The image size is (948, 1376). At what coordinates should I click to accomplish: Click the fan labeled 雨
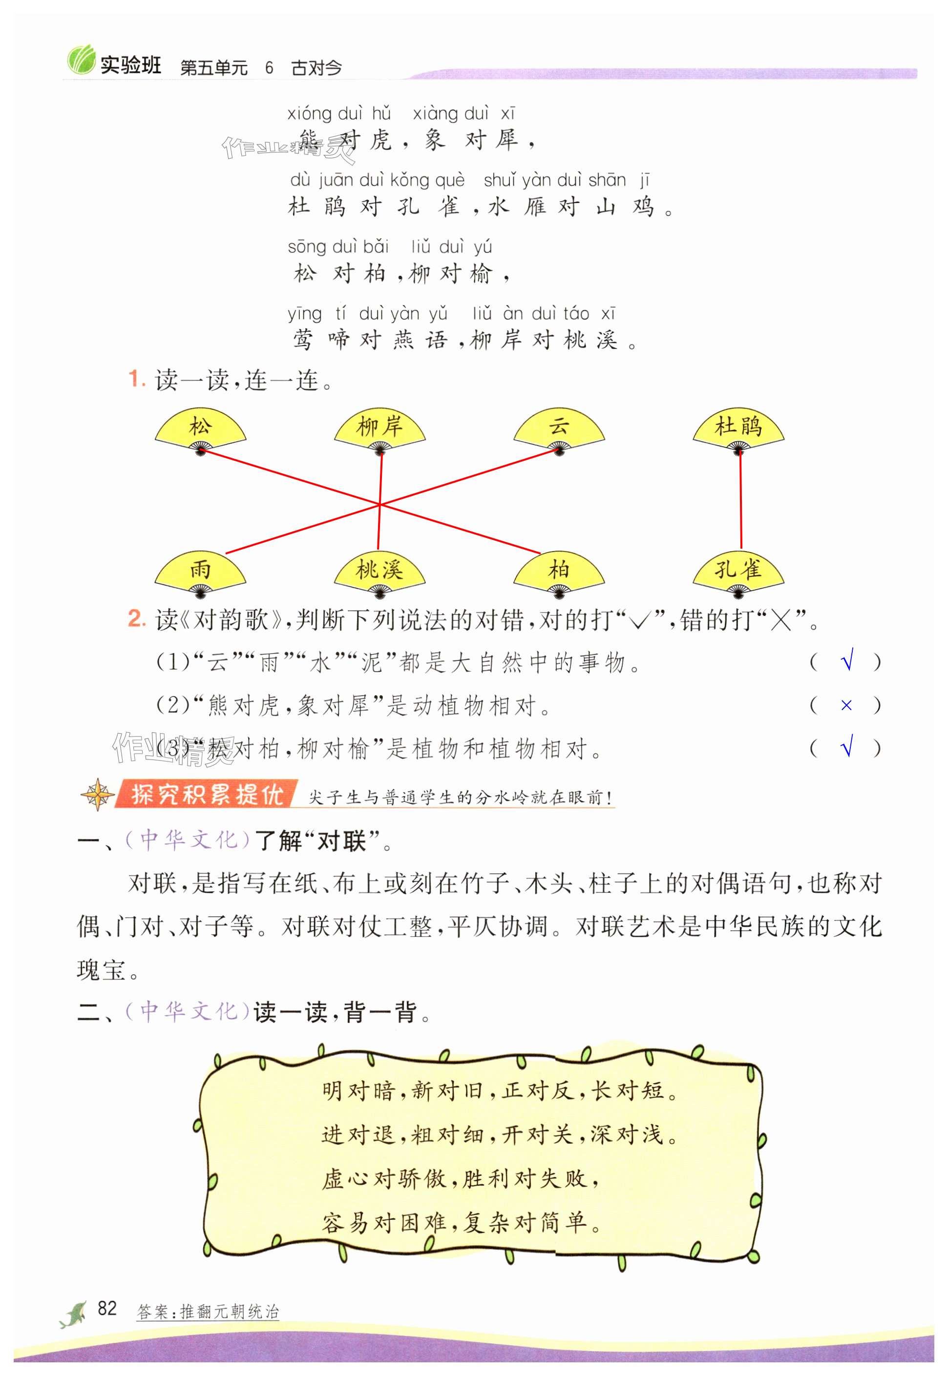tap(200, 572)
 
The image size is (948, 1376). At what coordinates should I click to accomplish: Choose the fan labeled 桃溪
tap(379, 572)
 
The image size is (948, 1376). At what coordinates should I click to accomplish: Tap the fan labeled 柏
tap(558, 572)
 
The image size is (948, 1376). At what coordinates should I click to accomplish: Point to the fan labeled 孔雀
tap(738, 572)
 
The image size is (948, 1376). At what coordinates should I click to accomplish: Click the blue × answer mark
tap(846, 705)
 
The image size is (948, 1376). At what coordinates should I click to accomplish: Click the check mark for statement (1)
tap(847, 661)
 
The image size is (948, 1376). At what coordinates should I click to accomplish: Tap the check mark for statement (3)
tap(847, 746)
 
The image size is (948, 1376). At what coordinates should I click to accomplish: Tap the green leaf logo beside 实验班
tap(80, 60)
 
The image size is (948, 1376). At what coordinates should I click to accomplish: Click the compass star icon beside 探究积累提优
tap(97, 794)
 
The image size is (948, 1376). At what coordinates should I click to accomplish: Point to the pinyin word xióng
tap(309, 113)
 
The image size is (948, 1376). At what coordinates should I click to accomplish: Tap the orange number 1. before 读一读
tap(137, 379)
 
